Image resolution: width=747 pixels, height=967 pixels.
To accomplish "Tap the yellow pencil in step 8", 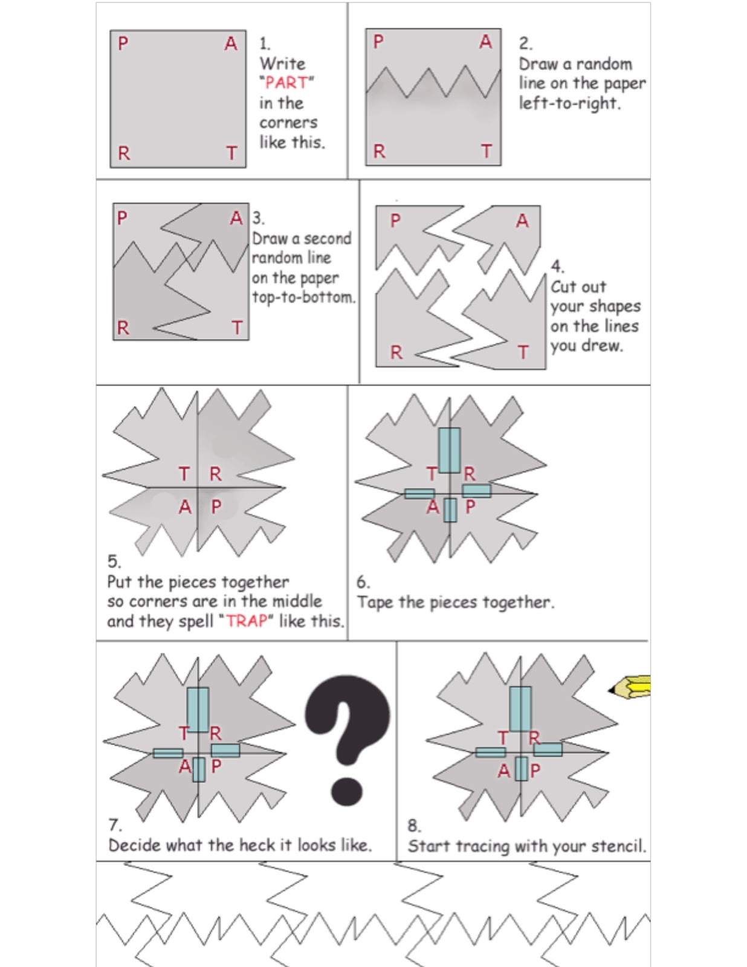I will pyautogui.click(x=632, y=687).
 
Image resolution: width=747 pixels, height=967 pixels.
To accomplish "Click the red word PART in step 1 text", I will pyautogui.click(x=286, y=82).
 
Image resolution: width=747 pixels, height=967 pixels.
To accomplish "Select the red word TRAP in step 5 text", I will pyautogui.click(x=247, y=621).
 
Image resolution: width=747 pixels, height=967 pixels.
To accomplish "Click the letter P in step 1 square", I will pyautogui.click(x=123, y=44).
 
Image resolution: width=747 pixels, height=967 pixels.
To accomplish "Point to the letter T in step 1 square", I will pyautogui.click(x=231, y=154).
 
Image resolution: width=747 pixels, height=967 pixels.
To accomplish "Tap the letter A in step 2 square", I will pyautogui.click(x=486, y=42).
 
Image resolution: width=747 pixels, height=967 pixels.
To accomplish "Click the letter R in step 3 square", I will pyautogui.click(x=123, y=328).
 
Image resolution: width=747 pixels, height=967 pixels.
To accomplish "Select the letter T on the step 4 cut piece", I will pyautogui.click(x=523, y=352).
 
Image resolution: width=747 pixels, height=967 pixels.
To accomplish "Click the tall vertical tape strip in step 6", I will pyautogui.click(x=449, y=450).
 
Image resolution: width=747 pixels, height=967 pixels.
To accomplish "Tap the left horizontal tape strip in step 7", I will pyautogui.click(x=168, y=753).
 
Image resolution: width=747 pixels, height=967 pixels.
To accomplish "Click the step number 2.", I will pyautogui.click(x=525, y=44).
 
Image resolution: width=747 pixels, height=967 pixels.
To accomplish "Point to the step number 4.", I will pyautogui.click(x=557, y=267).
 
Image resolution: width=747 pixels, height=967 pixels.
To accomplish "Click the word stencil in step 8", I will pyautogui.click(x=618, y=846).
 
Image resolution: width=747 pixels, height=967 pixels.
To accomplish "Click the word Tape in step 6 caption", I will pyautogui.click(x=375, y=603).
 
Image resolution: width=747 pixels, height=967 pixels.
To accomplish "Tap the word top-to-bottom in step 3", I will pyautogui.click(x=303, y=297).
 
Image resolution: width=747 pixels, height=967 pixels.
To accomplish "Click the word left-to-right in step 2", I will pyautogui.click(x=569, y=103).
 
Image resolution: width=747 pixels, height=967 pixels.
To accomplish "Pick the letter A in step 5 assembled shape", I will pyautogui.click(x=185, y=507).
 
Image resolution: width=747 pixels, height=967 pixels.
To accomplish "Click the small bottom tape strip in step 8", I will pyautogui.click(x=521, y=769).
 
